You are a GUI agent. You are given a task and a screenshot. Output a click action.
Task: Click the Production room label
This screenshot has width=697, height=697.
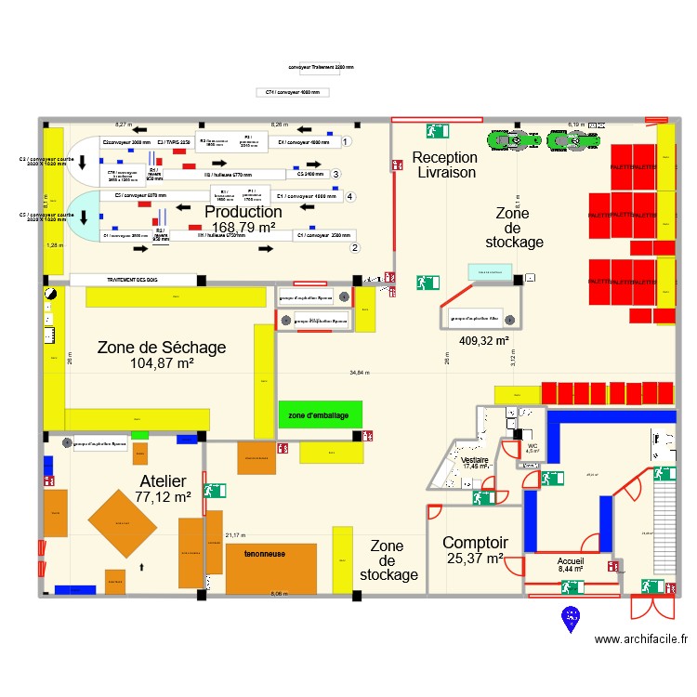click(x=243, y=213)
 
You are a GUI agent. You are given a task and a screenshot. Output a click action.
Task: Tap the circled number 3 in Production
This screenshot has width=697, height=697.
click(x=335, y=174)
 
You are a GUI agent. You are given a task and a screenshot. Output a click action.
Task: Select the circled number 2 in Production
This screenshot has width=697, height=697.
click(x=354, y=247)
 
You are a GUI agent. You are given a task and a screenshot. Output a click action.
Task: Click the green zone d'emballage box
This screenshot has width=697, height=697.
click(x=320, y=414)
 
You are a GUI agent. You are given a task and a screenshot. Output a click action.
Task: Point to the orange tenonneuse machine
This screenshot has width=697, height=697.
click(x=265, y=554)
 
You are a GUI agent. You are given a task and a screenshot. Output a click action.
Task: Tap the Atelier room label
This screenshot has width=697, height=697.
click(x=163, y=481)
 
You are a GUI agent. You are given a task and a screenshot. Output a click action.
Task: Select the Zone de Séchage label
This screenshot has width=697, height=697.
click(x=161, y=348)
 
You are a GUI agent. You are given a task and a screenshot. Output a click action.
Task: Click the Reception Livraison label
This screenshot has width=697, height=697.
click(x=445, y=165)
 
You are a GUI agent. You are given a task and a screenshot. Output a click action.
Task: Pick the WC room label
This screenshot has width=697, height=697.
click(x=533, y=446)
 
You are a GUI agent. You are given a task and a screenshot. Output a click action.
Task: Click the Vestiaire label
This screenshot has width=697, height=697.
click(x=475, y=459)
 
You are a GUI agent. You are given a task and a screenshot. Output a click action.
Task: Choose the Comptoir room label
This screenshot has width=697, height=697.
click(x=475, y=543)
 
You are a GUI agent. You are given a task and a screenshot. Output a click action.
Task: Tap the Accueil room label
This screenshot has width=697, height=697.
click(x=571, y=562)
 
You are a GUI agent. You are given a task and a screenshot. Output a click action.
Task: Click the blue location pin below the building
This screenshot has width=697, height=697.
click(x=570, y=616)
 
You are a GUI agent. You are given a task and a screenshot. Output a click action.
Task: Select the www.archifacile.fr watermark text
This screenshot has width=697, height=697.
click(x=641, y=638)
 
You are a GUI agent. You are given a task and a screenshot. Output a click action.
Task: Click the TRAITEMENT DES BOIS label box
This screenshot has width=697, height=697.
click(x=134, y=279)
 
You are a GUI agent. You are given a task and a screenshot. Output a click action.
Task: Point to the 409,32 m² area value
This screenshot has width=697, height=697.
click(x=483, y=340)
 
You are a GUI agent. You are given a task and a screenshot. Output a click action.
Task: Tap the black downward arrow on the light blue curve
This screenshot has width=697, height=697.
click(x=85, y=218)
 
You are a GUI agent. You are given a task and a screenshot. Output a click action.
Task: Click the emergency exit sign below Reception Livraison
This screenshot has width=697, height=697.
click(x=428, y=282)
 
